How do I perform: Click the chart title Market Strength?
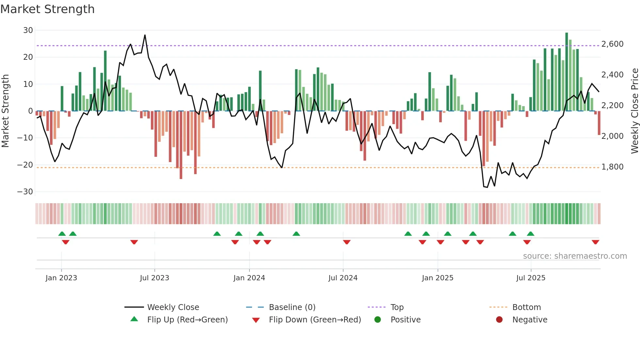47,9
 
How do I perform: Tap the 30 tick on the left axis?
28,30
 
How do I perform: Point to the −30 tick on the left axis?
25,192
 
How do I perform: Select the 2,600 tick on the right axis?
612,44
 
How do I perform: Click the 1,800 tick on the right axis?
612,167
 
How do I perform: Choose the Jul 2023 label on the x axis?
154,278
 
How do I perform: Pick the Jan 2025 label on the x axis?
438,278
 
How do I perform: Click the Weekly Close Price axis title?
634,111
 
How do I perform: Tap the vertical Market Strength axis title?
6,111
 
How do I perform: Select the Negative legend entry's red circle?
499,320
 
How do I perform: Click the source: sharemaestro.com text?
575,256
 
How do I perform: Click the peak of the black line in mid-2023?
145,35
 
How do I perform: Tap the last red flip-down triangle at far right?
595,242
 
